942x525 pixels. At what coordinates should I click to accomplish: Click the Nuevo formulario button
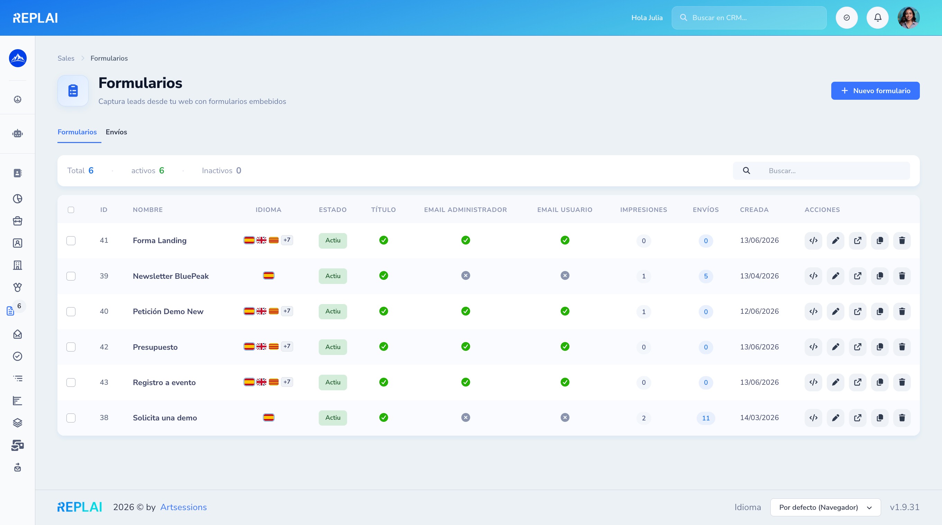[875, 91]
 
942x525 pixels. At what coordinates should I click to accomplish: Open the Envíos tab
[116, 132]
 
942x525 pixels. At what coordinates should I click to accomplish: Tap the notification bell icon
[878, 18]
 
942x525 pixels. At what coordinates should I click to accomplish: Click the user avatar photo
[909, 18]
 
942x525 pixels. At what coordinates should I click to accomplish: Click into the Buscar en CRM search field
[749, 18]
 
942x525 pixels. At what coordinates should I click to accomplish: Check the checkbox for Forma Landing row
[71, 241]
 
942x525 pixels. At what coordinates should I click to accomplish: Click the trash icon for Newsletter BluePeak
[902, 276]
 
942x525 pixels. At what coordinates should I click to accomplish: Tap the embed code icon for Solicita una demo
[813, 418]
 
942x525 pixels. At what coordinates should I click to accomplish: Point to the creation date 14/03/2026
[759, 418]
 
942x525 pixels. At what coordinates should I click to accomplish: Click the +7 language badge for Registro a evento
[287, 382]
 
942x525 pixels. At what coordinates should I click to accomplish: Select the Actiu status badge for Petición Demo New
[333, 311]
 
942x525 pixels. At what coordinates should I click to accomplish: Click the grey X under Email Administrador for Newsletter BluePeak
[465, 276]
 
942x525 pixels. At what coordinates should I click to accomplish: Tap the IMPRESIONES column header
[644, 210]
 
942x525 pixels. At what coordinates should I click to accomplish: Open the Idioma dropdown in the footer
[825, 507]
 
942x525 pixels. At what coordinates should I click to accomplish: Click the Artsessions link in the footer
[183, 507]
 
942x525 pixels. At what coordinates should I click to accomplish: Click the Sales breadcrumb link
[66, 59]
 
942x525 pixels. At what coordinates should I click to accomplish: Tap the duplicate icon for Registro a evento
[880, 382]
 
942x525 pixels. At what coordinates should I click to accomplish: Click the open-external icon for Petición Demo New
[858, 311]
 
